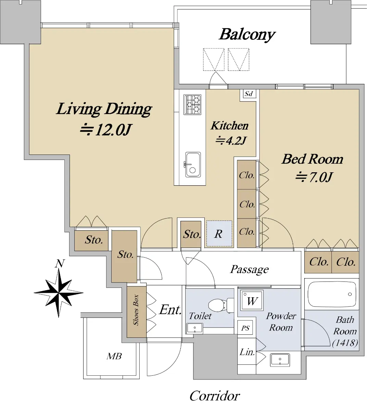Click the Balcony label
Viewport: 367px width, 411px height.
(x=247, y=35)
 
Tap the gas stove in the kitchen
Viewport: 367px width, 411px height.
(x=192, y=104)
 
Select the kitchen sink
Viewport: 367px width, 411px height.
(x=193, y=165)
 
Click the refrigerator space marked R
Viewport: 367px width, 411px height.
(x=219, y=234)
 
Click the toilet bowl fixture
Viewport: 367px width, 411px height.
(x=221, y=305)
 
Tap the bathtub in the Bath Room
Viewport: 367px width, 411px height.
(x=332, y=294)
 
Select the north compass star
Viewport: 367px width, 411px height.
(x=59, y=293)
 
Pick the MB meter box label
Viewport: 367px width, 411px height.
(x=114, y=356)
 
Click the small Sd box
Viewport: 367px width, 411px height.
(x=249, y=94)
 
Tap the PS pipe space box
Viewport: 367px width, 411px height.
(x=245, y=328)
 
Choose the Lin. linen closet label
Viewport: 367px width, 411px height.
(x=247, y=352)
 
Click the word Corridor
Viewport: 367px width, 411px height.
(x=215, y=396)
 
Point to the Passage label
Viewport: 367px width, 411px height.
(x=249, y=270)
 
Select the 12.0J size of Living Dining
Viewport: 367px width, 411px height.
(x=106, y=129)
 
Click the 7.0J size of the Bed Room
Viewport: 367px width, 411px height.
(x=314, y=177)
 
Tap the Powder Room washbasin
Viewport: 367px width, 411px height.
(x=280, y=360)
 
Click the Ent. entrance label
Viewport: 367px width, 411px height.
(x=170, y=310)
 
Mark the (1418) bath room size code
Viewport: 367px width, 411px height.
(x=345, y=343)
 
